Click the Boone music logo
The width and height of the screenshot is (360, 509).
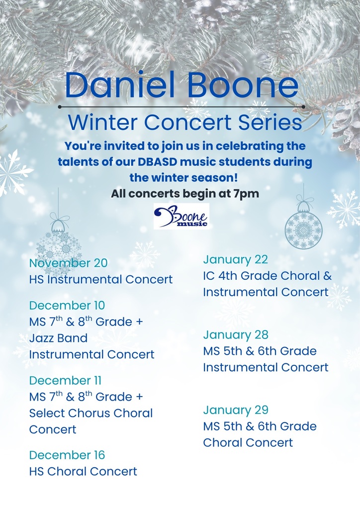click(181, 216)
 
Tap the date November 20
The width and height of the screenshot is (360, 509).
click(68, 263)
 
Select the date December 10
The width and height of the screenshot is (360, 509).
click(67, 305)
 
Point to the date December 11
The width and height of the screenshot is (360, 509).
click(65, 380)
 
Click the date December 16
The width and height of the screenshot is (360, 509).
click(67, 455)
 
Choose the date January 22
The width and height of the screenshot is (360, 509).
click(235, 259)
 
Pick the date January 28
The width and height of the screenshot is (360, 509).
click(235, 335)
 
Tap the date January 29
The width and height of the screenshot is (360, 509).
click(235, 410)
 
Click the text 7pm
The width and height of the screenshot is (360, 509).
click(246, 193)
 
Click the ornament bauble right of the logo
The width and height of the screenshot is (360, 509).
click(303, 230)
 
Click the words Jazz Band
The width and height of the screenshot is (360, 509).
click(58, 339)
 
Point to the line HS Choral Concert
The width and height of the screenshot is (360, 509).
click(83, 471)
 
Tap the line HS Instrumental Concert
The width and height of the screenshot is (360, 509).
click(101, 279)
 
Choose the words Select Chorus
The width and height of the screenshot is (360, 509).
click(69, 413)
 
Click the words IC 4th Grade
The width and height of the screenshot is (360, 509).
click(240, 275)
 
